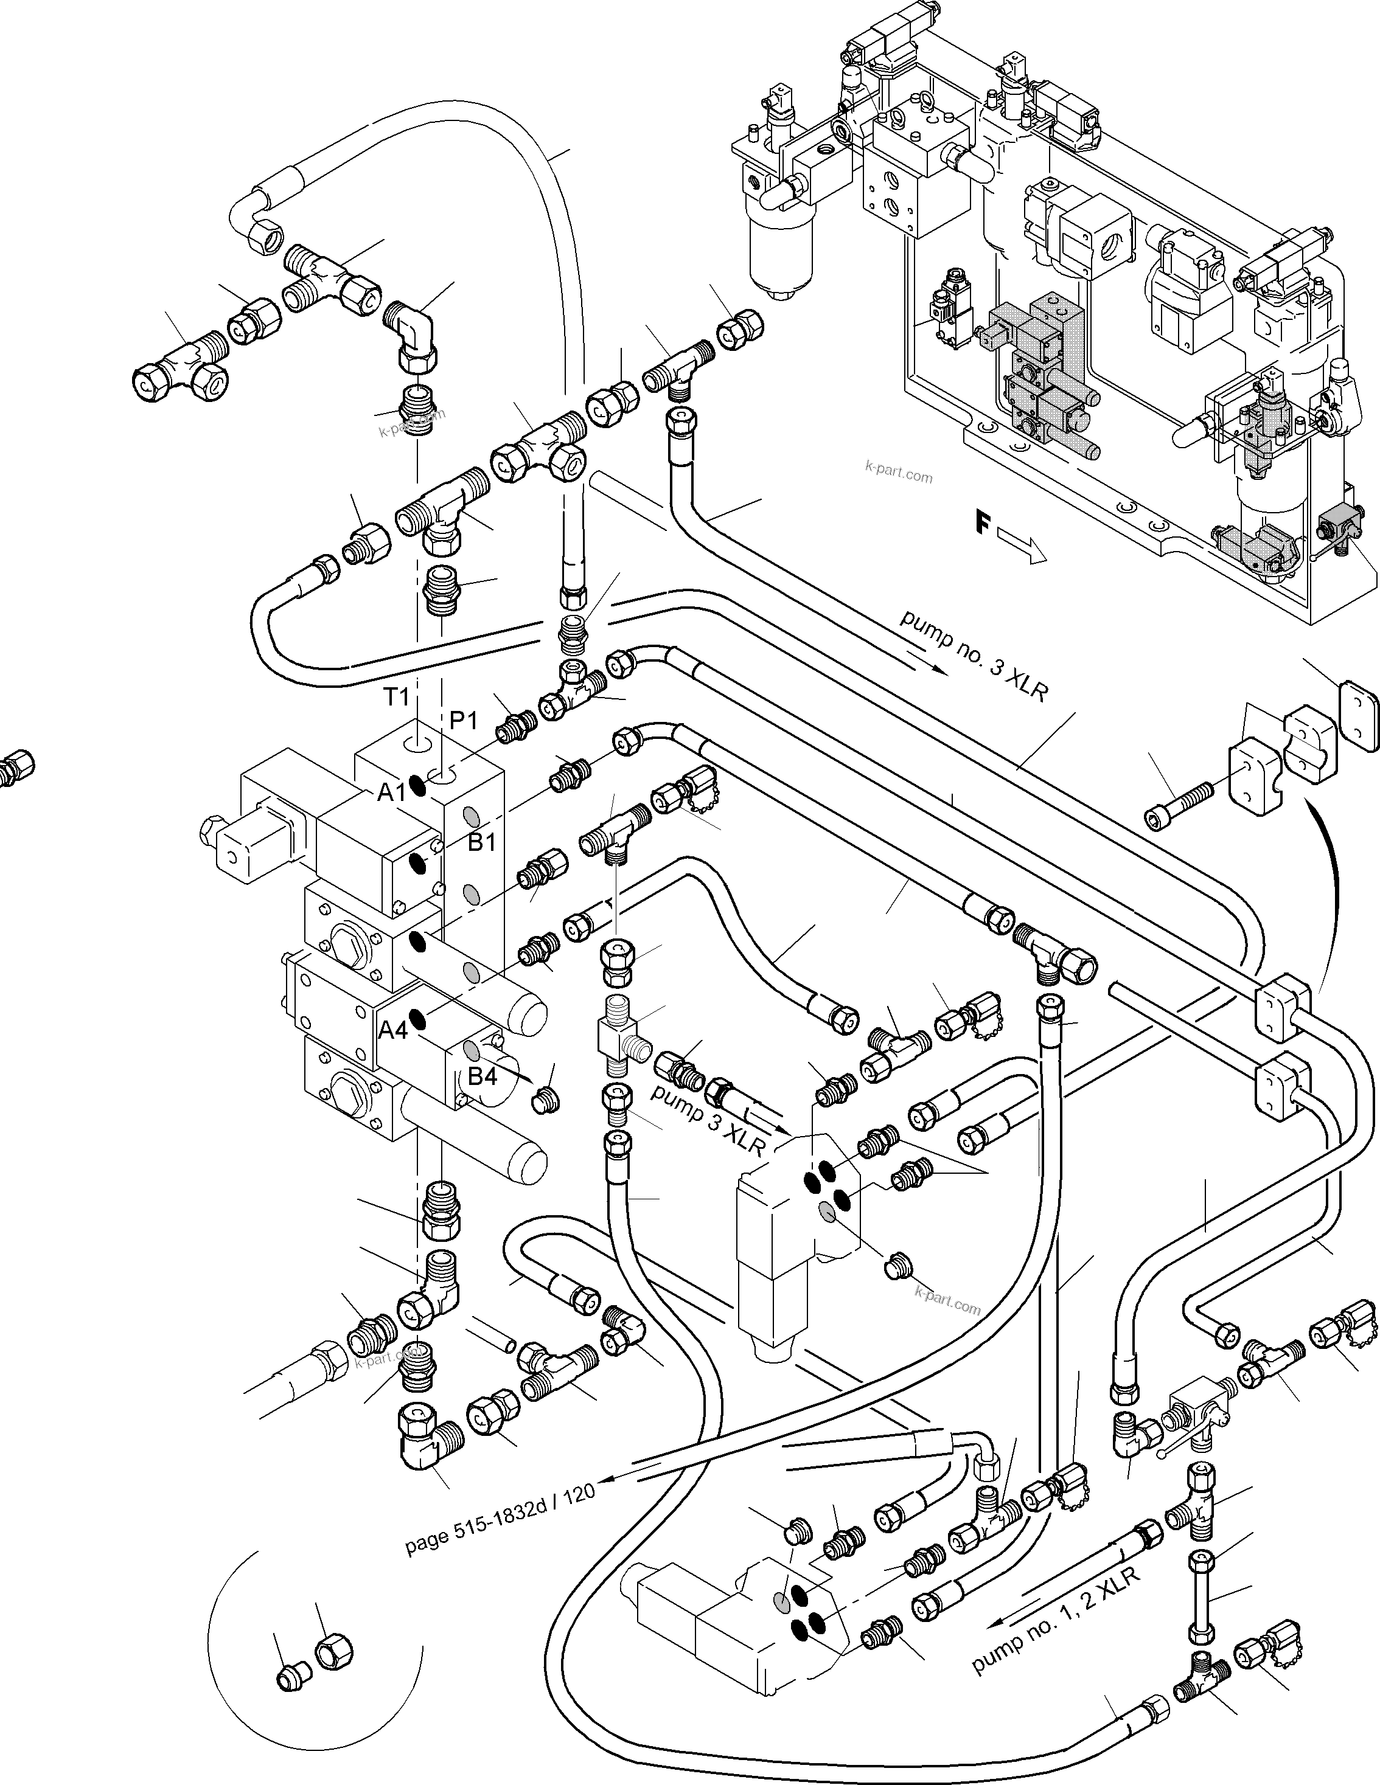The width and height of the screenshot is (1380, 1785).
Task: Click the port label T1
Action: tap(397, 696)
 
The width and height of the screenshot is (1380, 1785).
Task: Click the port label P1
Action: tap(464, 720)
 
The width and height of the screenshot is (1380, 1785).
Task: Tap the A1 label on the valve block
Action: tap(392, 791)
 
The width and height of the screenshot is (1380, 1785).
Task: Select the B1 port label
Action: tap(481, 842)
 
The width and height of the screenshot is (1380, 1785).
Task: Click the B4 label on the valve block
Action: tap(481, 1076)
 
